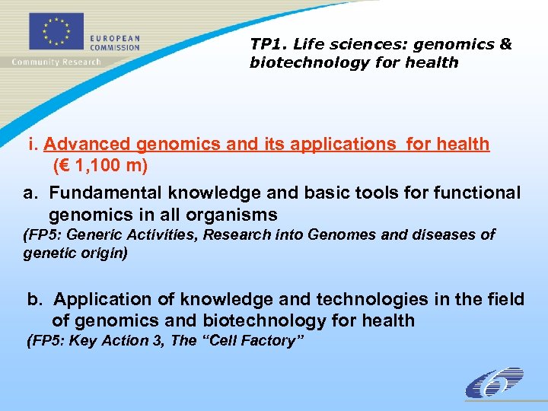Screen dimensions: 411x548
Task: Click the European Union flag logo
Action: pos(54,33)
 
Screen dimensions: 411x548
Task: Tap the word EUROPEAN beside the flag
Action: pos(114,38)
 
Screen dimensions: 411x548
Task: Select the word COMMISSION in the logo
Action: pos(116,47)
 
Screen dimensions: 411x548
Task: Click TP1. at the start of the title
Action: pos(266,45)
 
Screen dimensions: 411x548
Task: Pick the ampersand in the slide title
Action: pos(505,45)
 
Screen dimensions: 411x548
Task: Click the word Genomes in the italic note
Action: pos(342,235)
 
